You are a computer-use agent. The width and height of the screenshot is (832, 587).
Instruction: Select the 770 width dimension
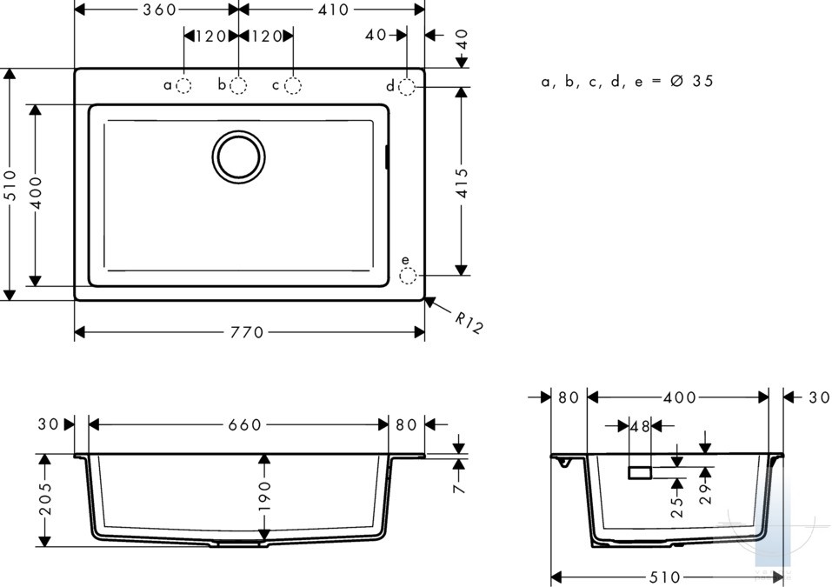pos(247,333)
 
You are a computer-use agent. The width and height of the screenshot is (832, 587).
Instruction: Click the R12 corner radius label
pos(469,323)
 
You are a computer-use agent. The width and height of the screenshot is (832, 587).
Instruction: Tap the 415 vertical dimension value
pos(463,183)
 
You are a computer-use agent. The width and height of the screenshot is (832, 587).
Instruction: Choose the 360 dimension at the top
pos(159,10)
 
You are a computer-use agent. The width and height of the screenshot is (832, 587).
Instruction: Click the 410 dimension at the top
pos(333,10)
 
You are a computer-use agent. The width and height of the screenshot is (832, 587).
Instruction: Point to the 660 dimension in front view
pos(245,424)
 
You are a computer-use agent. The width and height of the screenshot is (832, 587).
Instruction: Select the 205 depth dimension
pos(45,498)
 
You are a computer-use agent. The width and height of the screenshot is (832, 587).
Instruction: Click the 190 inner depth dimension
pos(264,496)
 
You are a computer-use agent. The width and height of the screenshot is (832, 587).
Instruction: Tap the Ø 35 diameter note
pos(692,81)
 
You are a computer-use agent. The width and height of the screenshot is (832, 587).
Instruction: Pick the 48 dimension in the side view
pos(640,426)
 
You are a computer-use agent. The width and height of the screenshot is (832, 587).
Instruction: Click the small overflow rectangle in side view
pos(640,472)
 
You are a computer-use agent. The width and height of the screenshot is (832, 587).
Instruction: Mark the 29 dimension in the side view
pos(705,494)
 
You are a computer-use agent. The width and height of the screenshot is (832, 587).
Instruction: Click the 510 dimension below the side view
pos(665,577)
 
